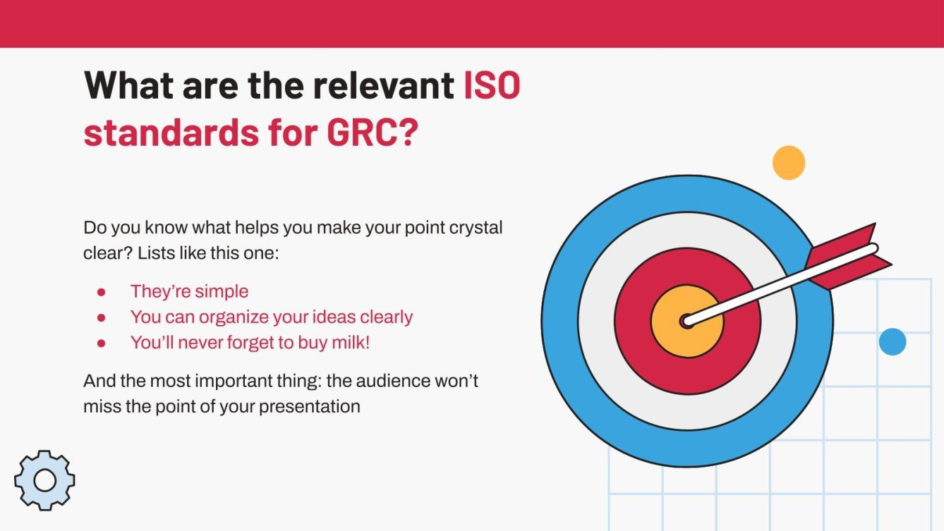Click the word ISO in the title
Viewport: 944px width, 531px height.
(492, 86)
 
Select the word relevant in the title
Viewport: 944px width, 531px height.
(385, 86)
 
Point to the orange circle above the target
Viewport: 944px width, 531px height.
(788, 162)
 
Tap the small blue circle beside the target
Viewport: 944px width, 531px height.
(892, 342)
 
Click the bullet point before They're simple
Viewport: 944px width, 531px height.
(101, 292)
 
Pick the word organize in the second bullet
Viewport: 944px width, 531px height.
(231, 317)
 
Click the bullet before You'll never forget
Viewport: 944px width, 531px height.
(101, 343)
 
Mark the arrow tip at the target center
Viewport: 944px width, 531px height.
(686, 322)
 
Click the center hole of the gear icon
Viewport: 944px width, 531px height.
(44, 480)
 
